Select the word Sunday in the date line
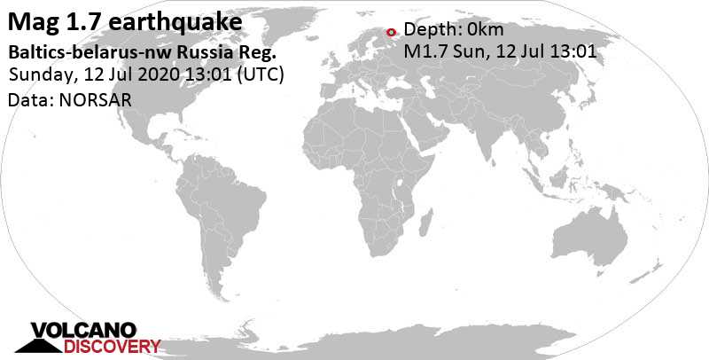pyautogui.click(x=36, y=75)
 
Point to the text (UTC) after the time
pyautogui.click(x=258, y=75)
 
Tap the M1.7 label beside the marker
pyautogui.click(x=425, y=51)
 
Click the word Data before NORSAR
pyautogui.click(x=27, y=100)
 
